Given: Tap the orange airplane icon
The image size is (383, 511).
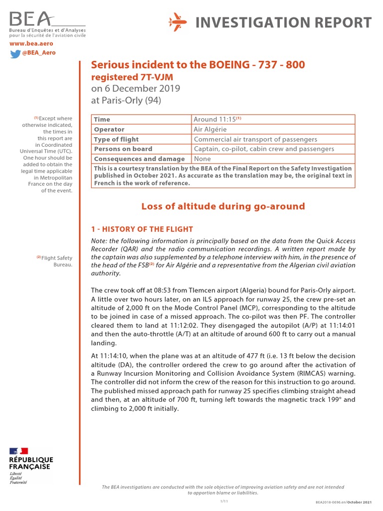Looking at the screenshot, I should (178, 22).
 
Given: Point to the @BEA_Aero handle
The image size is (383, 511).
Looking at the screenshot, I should (39, 53).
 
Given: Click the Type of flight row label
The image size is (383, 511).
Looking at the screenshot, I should (116, 139).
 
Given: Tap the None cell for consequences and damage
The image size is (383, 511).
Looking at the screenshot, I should (202, 159).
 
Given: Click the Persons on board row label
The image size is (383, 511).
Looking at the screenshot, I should (123, 149).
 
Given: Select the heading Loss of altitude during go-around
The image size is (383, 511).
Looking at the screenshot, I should (223, 206).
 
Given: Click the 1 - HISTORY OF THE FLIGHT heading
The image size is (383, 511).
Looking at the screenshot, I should (141, 229).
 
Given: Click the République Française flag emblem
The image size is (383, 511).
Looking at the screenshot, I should (20, 451).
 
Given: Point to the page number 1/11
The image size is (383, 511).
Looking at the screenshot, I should (223, 501).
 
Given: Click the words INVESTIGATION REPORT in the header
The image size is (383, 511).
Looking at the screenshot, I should (283, 22).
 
